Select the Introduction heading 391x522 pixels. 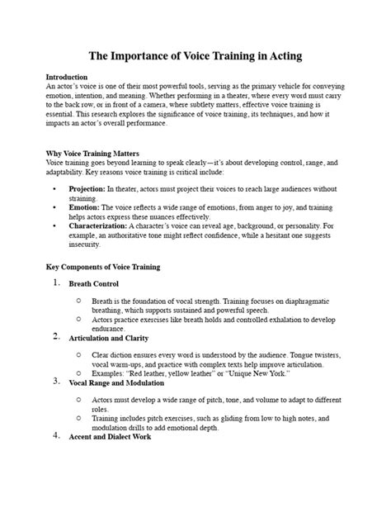point(68,77)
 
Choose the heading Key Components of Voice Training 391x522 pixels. point(102,268)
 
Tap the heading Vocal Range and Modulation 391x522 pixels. point(128,383)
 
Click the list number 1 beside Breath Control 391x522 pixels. point(55,283)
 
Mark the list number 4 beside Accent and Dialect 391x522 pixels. point(56,435)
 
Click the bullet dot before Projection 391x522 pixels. point(54,189)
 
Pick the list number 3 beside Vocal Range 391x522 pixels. point(56,382)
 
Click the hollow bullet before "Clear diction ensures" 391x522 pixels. point(77,352)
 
